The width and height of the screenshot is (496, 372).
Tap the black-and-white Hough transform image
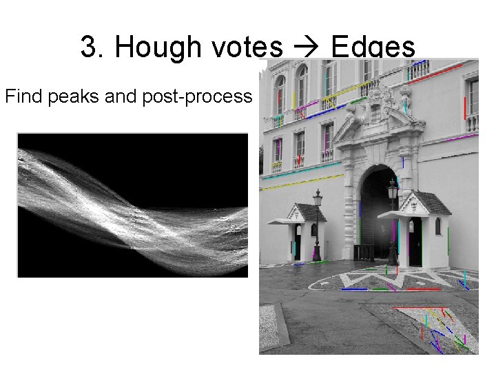(132, 205)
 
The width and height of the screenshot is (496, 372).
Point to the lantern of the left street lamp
(318, 199)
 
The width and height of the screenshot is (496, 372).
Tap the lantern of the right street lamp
(393, 187)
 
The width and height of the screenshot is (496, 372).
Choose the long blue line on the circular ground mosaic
(355, 289)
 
